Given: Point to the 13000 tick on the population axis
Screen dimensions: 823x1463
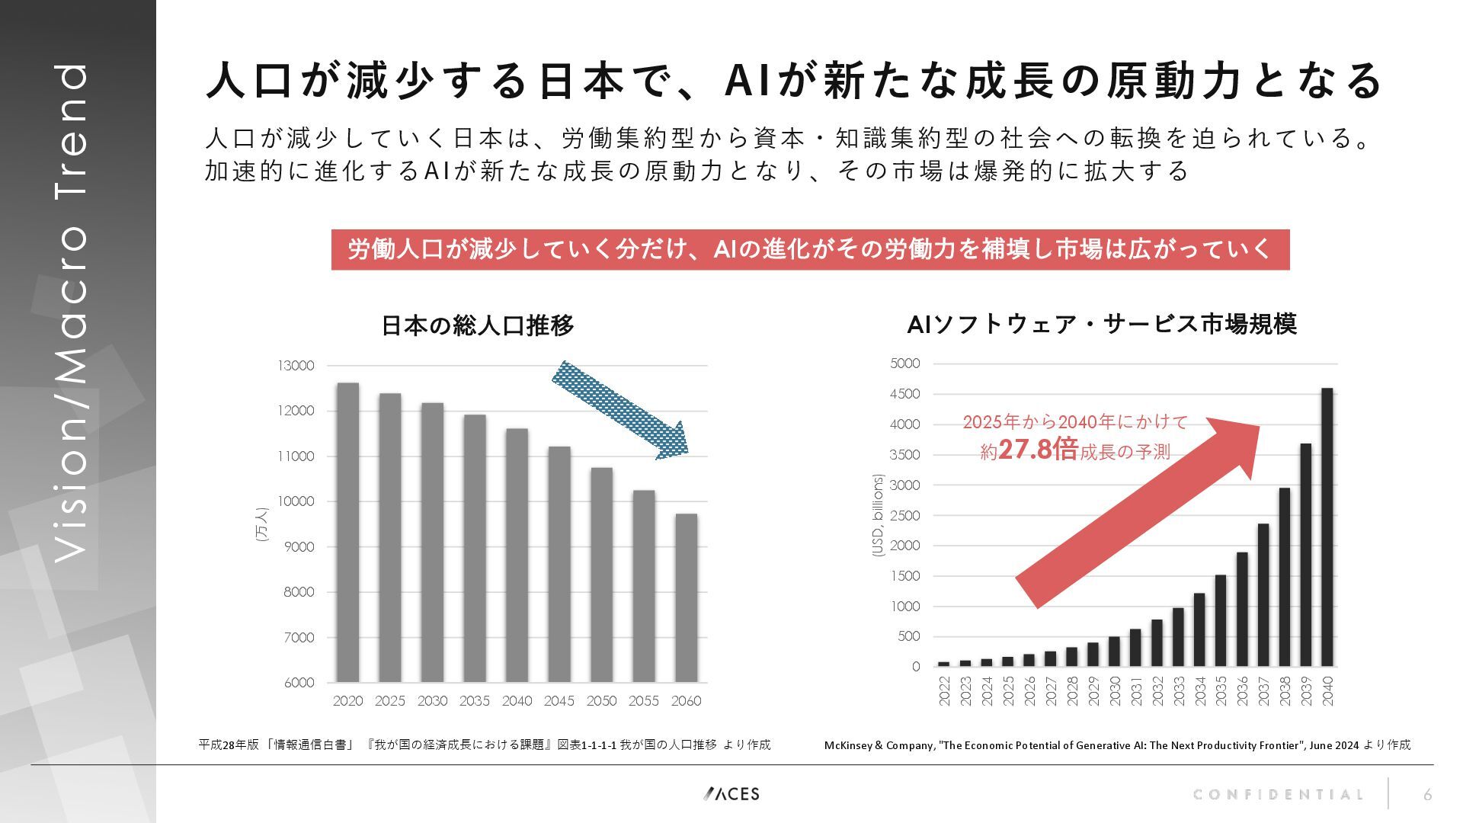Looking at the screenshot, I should pyautogui.click(x=296, y=366).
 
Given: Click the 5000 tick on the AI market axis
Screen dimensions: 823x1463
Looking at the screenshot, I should pyautogui.click(x=904, y=363).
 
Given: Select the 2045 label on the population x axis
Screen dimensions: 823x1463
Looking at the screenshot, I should pyautogui.click(x=559, y=701).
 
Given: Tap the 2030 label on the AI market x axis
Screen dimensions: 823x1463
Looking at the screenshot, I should pyautogui.click(x=1115, y=690).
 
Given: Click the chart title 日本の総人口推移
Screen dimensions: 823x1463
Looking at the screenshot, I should pyautogui.click(x=477, y=325).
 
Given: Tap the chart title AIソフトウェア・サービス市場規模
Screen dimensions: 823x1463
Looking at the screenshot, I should pyautogui.click(x=1101, y=324).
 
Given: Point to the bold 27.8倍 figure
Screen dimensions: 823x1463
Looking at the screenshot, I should pyautogui.click(x=1038, y=450).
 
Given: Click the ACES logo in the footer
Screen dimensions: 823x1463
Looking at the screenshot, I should pyautogui.click(x=731, y=794).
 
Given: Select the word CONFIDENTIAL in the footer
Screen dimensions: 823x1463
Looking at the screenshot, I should pyautogui.click(x=1278, y=795).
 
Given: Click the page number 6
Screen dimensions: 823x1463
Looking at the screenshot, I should pyautogui.click(x=1427, y=795).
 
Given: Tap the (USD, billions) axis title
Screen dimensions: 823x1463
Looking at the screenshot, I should pyautogui.click(x=878, y=515).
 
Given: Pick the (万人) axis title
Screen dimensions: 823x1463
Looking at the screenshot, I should pyautogui.click(x=262, y=524).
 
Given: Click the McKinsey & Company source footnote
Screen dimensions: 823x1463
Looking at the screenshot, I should pyautogui.click(x=1117, y=745).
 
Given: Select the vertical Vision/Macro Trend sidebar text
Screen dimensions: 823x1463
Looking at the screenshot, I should pyautogui.click(x=72, y=312).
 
